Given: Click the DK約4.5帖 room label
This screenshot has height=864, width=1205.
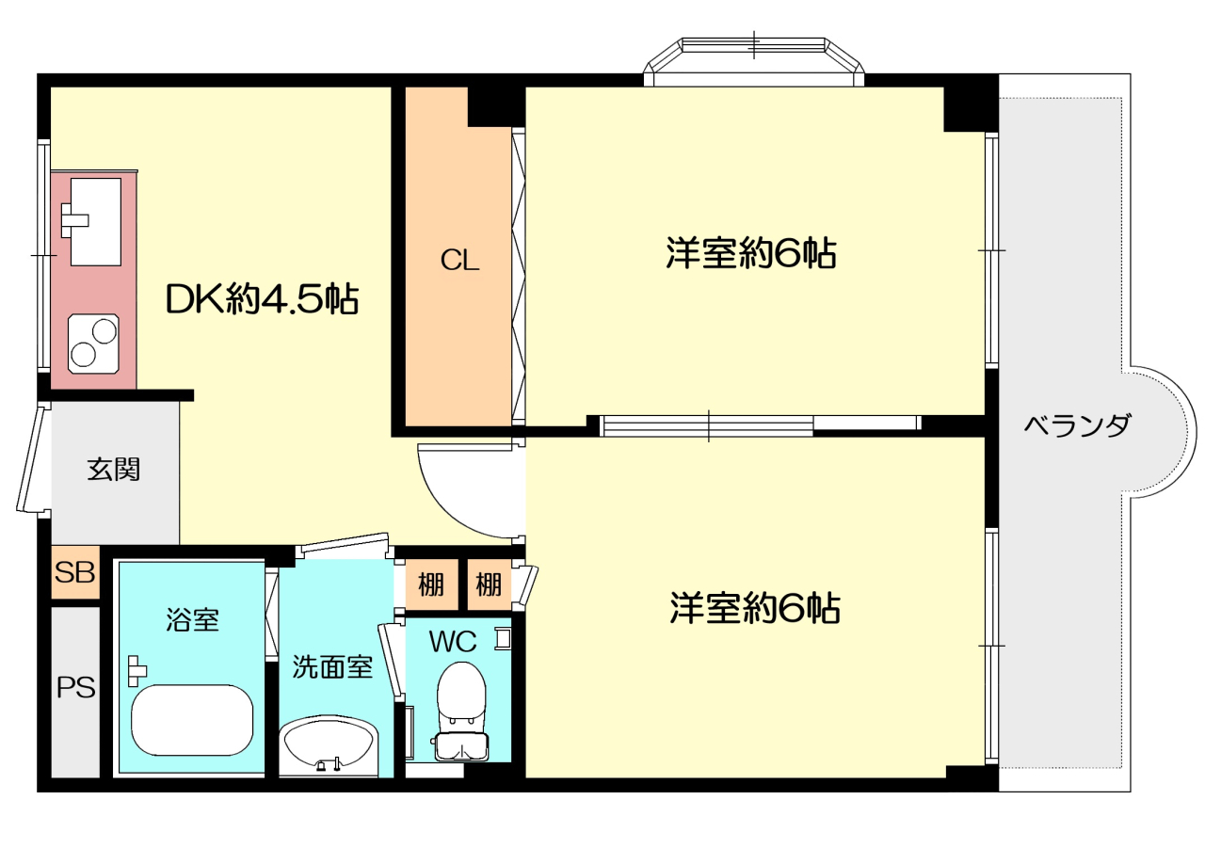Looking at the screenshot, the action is [262, 299].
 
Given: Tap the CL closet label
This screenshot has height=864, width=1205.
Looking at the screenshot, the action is [459, 261].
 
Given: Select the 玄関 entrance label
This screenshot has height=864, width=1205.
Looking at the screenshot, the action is [114, 469].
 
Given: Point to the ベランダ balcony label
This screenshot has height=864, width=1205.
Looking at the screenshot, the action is [1076, 425].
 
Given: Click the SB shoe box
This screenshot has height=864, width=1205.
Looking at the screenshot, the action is [75, 572].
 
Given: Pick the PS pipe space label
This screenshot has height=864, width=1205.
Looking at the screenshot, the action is [76, 688].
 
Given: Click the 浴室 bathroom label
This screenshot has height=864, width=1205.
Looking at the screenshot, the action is [192, 619].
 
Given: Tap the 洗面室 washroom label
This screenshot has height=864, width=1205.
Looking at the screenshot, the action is [332, 666].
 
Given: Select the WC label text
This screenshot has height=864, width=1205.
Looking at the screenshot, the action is [453, 641].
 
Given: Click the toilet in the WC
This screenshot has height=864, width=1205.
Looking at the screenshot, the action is [461, 712].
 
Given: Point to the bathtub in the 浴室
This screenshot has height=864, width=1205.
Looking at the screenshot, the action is [192, 720].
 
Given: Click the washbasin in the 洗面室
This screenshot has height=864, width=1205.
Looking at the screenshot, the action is [329, 746].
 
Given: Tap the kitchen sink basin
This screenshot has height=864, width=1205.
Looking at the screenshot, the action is [96, 222].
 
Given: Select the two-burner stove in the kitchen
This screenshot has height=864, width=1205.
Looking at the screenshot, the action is [93, 344].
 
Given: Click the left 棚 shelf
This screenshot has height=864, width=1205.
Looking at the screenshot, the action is [431, 584].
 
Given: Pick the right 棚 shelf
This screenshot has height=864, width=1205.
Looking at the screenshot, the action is [489, 584].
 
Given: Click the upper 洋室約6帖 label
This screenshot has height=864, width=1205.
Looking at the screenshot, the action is [751, 253].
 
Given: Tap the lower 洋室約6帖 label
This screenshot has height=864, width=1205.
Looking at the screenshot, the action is [755, 608].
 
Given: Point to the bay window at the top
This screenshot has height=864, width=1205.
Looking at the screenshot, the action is [754, 62].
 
